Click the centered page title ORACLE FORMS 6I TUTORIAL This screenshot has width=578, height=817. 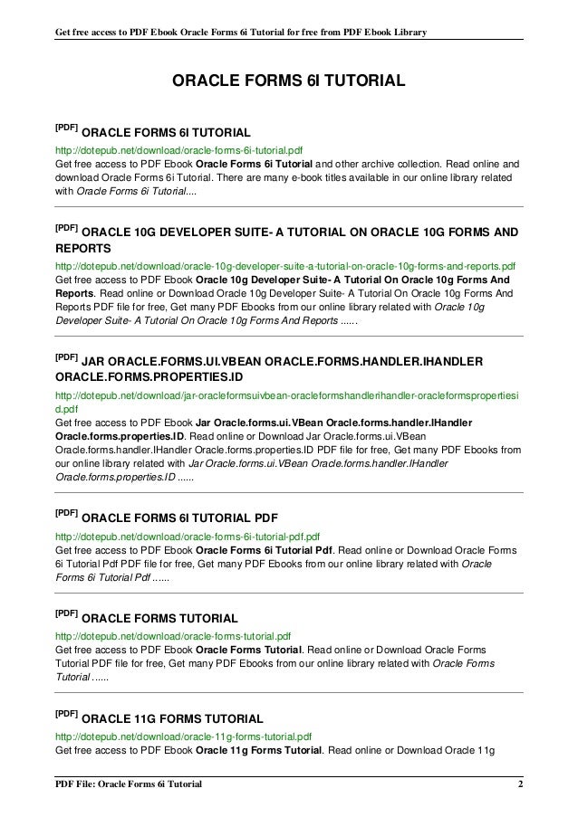(x=288, y=82)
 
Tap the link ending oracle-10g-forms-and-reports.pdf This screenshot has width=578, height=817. (x=285, y=267)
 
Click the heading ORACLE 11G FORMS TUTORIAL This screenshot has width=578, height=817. (x=172, y=719)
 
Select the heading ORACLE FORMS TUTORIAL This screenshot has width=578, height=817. (x=159, y=619)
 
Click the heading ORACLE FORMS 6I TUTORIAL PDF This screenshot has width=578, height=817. (x=178, y=518)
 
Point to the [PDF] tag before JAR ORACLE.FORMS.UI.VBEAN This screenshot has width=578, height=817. (x=66, y=358)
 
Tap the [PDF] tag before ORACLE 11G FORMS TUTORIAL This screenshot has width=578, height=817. (x=66, y=715)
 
